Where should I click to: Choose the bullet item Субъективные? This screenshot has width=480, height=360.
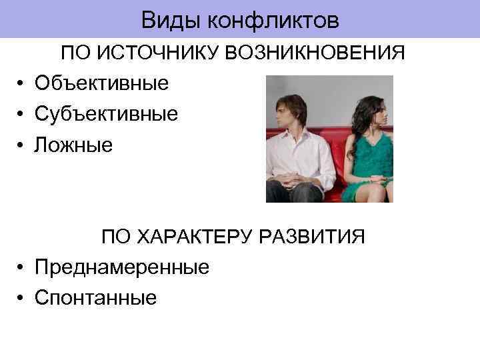pos(106,113)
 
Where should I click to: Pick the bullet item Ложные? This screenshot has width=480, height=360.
pos(74,144)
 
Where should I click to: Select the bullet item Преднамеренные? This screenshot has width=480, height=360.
pos(122,267)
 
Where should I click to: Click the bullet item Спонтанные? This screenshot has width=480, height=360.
pos(96,298)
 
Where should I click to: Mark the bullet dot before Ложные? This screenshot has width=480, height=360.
pos(22,145)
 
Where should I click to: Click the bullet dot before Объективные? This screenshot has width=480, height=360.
pos(22,83)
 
